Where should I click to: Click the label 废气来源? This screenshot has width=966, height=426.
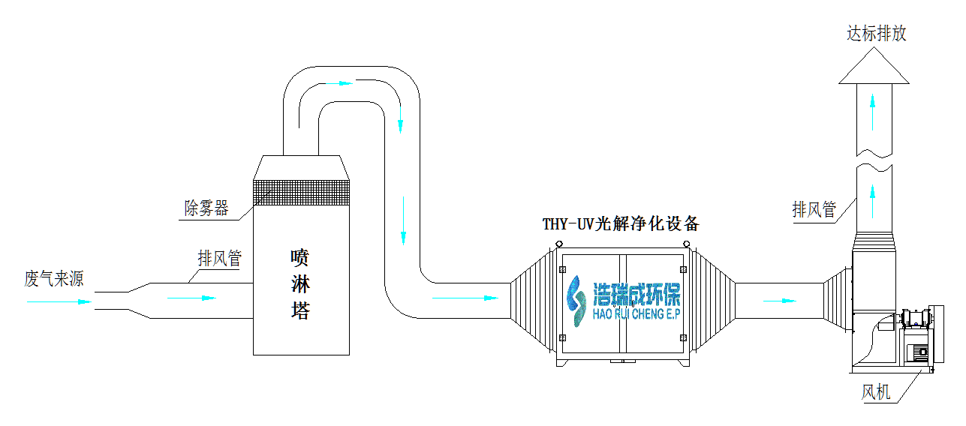54,280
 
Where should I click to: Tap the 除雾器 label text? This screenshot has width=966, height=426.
206,208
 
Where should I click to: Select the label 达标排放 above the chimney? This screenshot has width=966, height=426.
876,34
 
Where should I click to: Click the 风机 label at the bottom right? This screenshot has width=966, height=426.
875,392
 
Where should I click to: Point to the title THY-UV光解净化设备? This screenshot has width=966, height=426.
621,223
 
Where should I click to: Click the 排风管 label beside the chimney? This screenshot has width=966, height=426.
814,209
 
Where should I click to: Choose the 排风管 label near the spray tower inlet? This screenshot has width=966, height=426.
220,259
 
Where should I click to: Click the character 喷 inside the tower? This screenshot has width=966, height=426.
300,259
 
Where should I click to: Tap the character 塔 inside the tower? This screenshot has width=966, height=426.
300,310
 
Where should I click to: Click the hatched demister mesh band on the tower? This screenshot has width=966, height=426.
302,193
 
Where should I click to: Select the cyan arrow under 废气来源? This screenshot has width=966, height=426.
59,302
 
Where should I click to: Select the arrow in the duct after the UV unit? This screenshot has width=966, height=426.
779,301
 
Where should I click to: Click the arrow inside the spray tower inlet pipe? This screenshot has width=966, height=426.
191,298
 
